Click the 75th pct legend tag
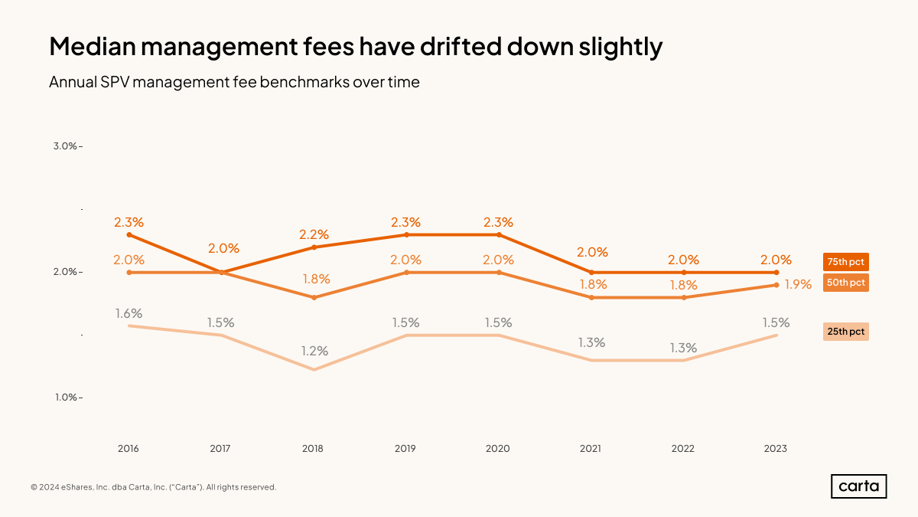click(845, 262)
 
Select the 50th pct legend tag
click(845, 283)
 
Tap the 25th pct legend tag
click(845, 332)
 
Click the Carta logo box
click(858, 486)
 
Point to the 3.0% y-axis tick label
click(65, 146)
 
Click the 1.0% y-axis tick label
click(65, 398)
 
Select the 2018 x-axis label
click(313, 449)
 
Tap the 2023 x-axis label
click(775, 449)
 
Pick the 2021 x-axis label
click(591, 449)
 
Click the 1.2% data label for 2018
click(314, 352)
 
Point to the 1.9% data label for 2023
click(798, 285)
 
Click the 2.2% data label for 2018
click(314, 234)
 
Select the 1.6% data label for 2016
click(129, 313)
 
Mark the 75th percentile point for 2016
click(129, 234)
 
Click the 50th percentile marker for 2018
click(314, 297)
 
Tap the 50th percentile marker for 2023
click(776, 285)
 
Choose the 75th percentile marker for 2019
click(406, 234)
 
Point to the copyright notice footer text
click(153, 487)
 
